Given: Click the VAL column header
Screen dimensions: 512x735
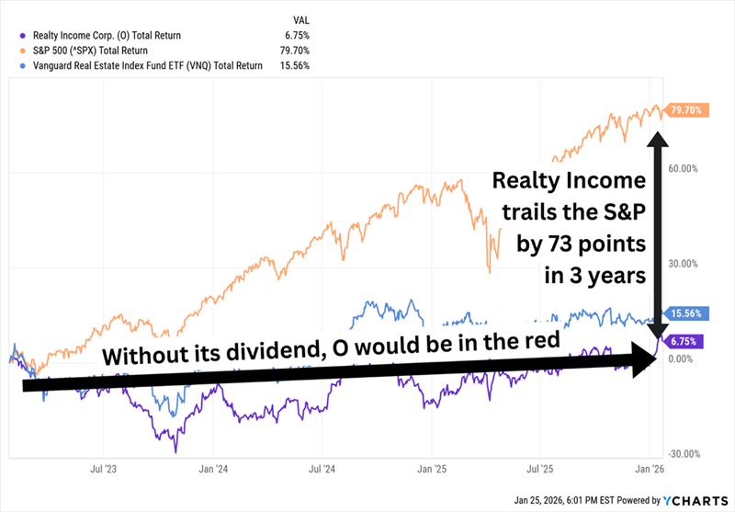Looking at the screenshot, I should click(x=300, y=17).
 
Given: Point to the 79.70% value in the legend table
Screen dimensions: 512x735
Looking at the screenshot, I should click(x=299, y=50).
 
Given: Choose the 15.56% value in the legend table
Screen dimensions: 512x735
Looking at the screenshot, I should click(x=299, y=65).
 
